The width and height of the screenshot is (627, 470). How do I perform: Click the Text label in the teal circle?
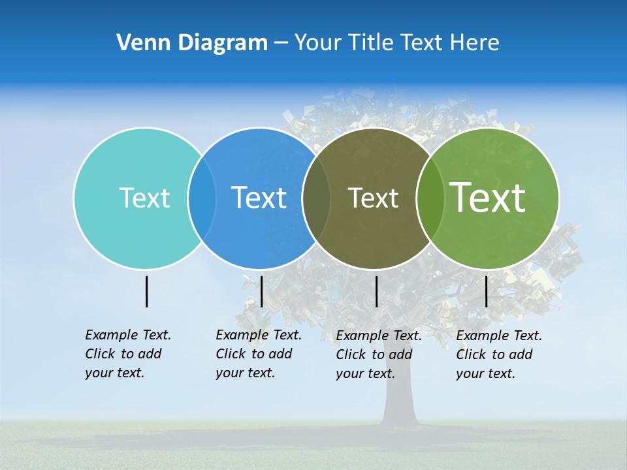(144, 198)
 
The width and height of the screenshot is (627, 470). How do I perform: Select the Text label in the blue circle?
(259, 198)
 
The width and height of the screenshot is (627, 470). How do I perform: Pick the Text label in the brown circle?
(373, 198)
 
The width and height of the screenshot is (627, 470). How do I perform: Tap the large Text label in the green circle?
(487, 197)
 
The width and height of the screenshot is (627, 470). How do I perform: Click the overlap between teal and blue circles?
(202, 198)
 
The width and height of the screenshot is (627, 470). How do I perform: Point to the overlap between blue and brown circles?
(316, 198)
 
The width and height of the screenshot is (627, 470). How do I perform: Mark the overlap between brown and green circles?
(430, 198)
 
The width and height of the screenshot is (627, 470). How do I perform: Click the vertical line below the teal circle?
(147, 291)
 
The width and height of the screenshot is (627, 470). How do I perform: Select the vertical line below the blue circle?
(261, 291)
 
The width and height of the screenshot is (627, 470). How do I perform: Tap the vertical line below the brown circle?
(377, 291)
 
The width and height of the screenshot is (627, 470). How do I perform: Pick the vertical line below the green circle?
(487, 291)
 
